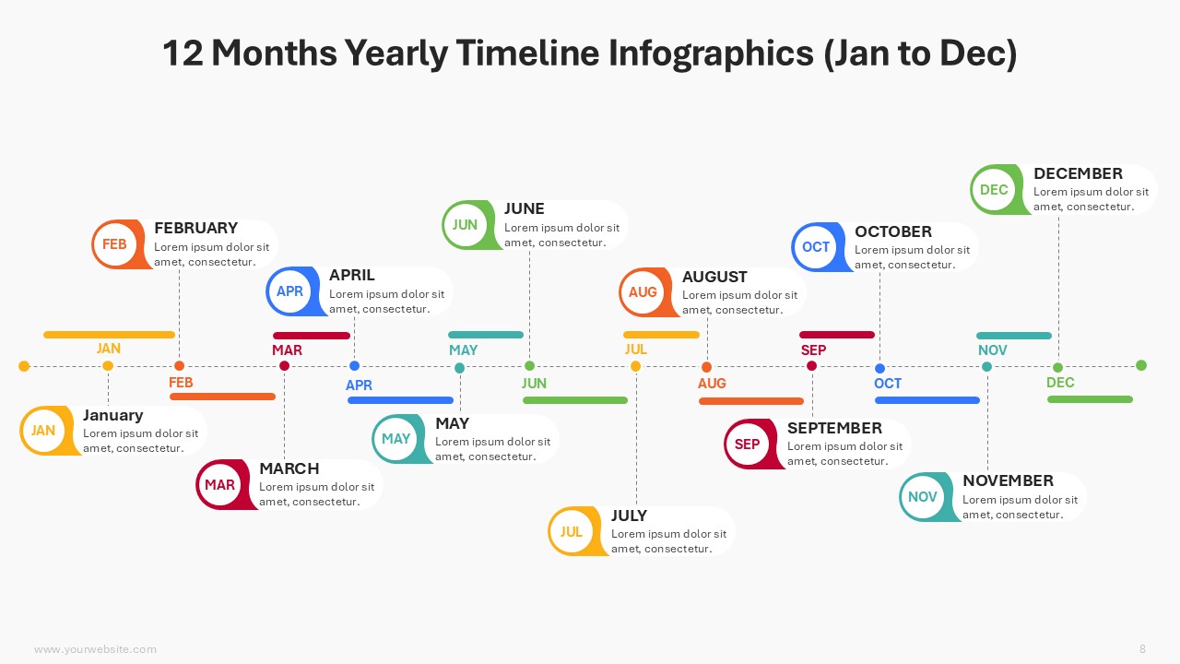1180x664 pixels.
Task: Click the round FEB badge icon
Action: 117,244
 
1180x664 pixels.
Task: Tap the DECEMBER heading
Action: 1078,173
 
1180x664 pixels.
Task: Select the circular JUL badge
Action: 573,531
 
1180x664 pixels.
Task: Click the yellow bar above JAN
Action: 109,335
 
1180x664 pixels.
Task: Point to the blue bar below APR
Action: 400,400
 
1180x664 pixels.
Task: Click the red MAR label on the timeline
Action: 287,350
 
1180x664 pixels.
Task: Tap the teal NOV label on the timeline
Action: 993,350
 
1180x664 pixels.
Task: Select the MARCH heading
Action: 289,468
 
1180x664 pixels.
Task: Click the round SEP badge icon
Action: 749,445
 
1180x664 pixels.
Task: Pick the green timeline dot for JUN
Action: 529,366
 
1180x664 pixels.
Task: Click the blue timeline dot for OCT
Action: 879,368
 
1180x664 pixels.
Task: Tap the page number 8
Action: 1142,648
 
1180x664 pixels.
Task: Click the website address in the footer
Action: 95,649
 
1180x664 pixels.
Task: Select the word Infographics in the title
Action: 711,53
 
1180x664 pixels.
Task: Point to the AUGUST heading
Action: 714,277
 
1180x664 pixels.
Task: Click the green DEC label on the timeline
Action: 1060,383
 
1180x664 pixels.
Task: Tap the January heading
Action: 112,415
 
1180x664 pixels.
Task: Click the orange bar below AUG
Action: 751,401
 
